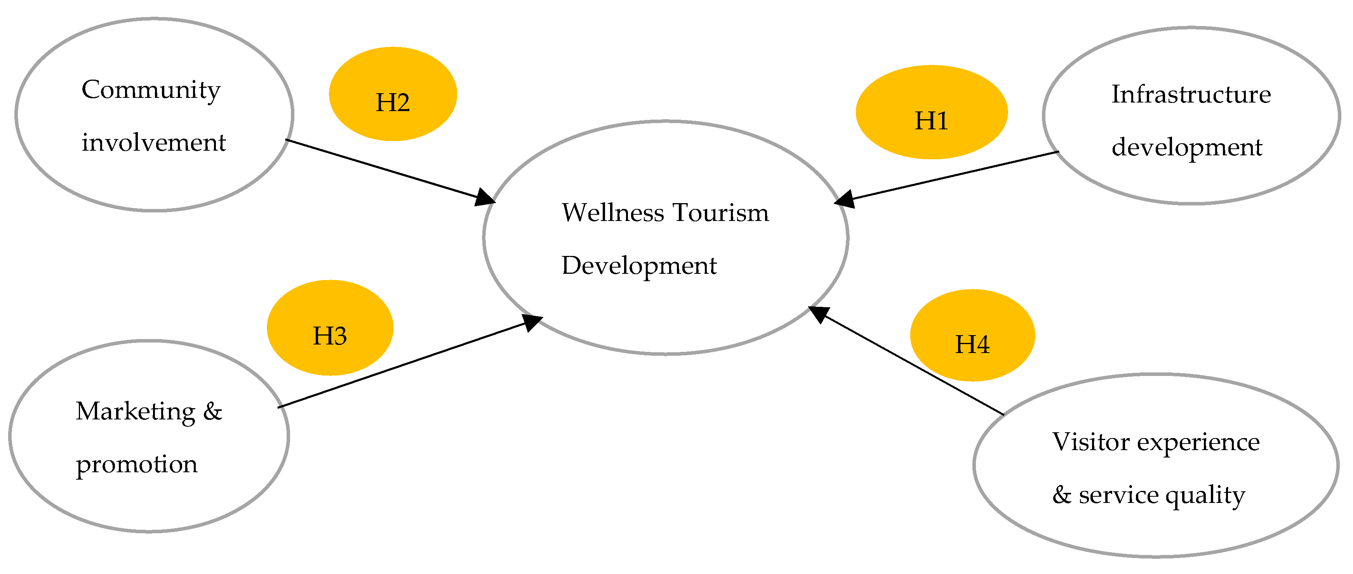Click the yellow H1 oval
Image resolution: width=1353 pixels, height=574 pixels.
pos(931,112)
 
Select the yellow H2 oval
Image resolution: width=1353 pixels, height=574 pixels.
pos(393,94)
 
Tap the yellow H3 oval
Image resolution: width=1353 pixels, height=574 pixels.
pos(330,328)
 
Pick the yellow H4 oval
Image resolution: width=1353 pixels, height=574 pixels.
pos(972,335)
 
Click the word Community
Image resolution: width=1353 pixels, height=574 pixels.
pos(151,90)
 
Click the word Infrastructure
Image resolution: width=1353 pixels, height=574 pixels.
pos(1191,94)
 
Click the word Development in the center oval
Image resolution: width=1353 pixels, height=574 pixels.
pos(639,266)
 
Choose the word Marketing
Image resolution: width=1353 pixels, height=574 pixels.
pos(136,411)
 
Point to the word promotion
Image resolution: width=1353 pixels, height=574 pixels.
pos(137,464)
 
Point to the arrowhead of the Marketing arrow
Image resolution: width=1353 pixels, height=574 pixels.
pos(532,322)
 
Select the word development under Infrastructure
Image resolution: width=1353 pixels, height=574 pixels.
pos(1186,148)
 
